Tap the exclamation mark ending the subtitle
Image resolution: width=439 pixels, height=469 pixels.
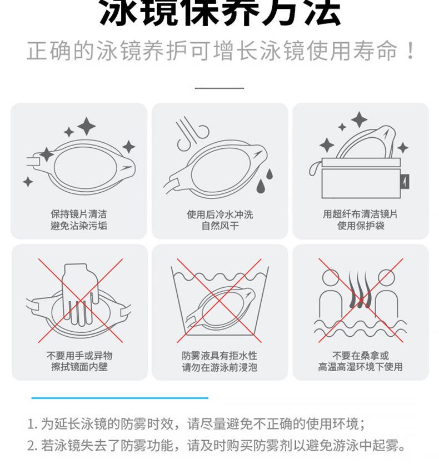410,52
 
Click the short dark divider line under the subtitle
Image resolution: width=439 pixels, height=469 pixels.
219,88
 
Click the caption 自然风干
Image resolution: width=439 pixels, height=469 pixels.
219,226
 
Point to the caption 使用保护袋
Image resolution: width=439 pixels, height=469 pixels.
360,226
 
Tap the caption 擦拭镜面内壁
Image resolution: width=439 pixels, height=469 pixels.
79,367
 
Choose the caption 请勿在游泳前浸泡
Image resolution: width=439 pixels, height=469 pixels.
219,367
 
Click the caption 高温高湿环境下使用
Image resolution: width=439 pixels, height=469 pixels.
360,367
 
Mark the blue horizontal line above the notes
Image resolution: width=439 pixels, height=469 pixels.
119,397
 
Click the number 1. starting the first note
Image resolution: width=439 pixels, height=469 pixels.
32,425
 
